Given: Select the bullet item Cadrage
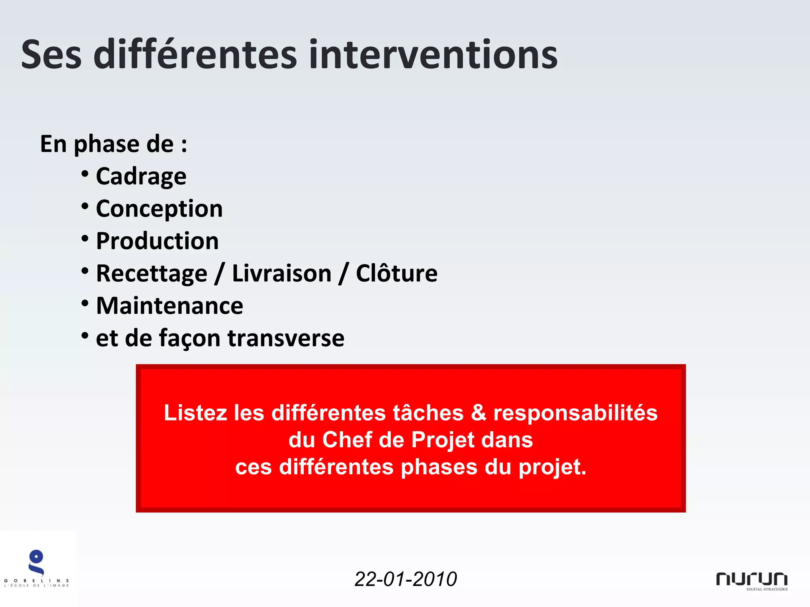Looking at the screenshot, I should click(141, 176).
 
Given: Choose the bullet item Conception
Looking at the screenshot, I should click(159, 209).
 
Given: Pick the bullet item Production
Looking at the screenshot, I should click(157, 241).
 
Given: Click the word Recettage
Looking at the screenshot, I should click(151, 273).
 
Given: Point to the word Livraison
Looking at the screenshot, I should click(282, 273).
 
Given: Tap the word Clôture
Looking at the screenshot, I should click(397, 273).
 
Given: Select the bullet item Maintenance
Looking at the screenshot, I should click(169, 306).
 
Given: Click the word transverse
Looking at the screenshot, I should click(286, 338).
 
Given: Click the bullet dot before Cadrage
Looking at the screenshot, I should click(85, 173).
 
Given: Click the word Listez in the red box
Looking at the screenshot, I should click(195, 413).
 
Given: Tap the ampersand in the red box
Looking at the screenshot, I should click(478, 413).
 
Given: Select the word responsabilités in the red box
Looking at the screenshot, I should click(575, 413).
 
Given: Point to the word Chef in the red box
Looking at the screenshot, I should click(347, 440).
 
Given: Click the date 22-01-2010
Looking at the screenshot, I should click(405, 579).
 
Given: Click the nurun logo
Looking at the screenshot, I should click(751, 580).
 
